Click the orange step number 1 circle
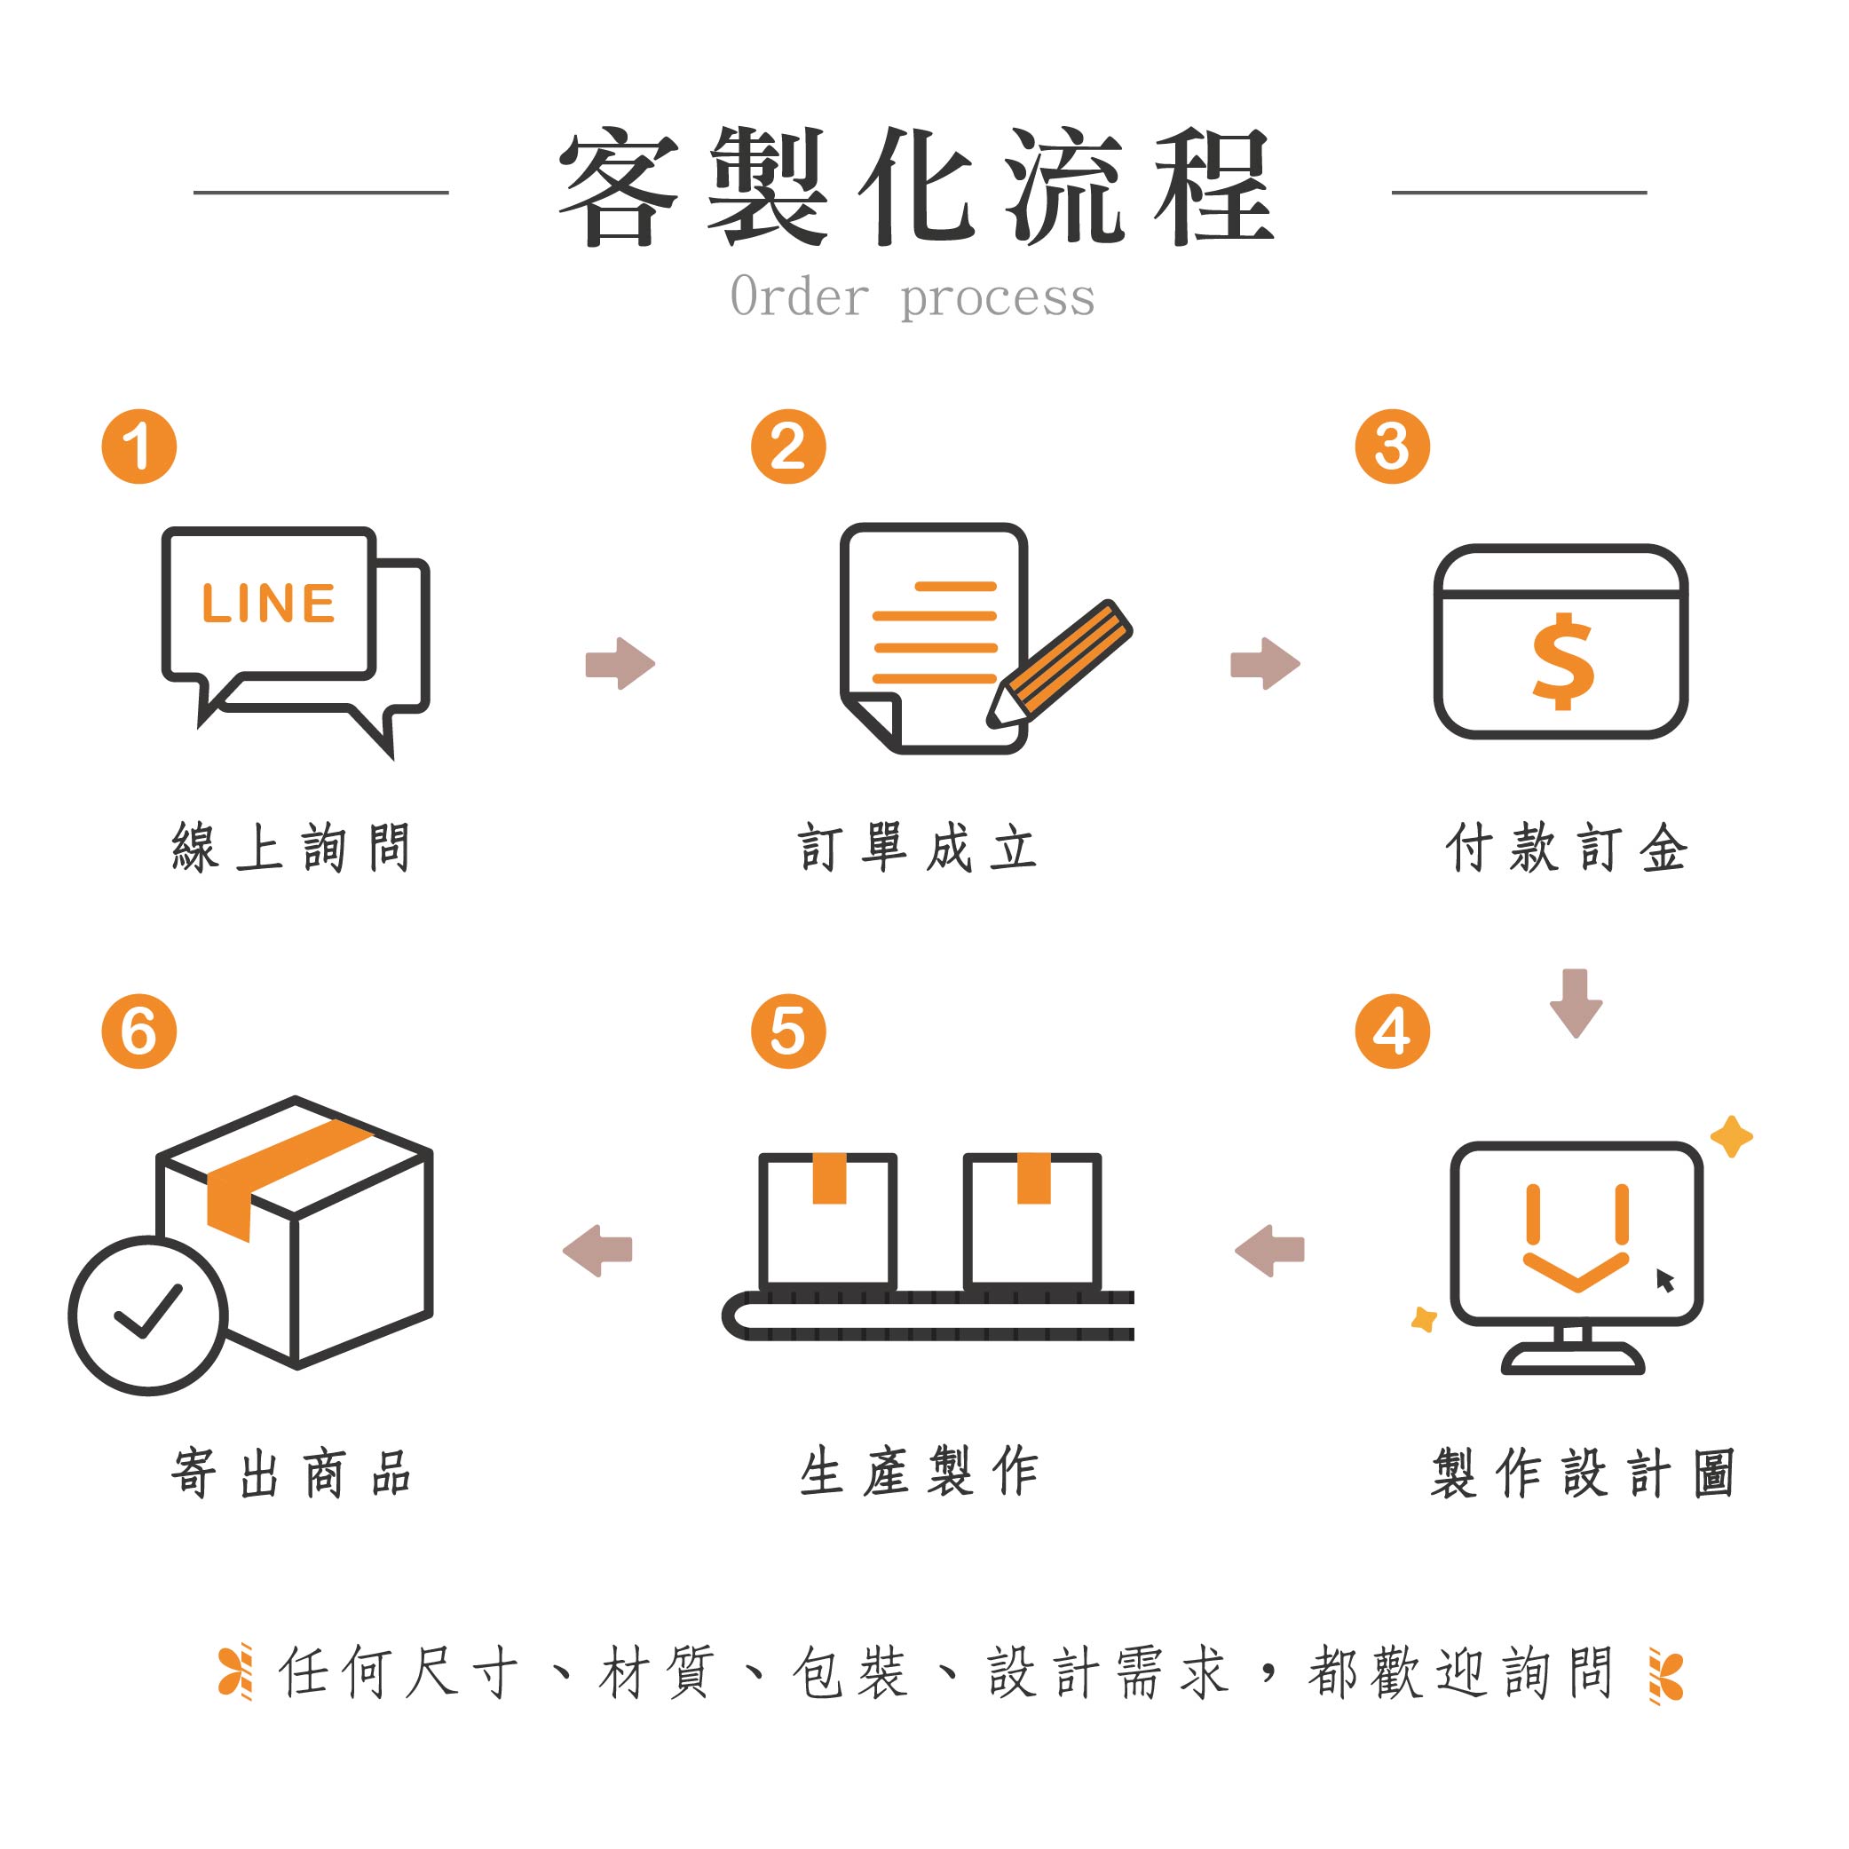coord(138,446)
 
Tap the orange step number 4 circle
coord(1393,1031)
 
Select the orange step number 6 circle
coord(138,1031)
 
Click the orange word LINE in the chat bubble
coord(268,604)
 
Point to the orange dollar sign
coord(1563,661)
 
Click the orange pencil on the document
coord(1061,663)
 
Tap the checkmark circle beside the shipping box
coord(148,1315)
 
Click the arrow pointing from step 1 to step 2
coord(620,663)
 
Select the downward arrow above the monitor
coord(1576,1003)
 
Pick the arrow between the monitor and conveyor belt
coord(1269,1250)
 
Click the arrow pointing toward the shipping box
coord(597,1250)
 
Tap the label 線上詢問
coord(292,847)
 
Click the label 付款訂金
coord(1567,847)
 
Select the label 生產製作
coord(919,1472)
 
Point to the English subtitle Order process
coord(912,296)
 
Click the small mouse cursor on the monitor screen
coord(1664,1279)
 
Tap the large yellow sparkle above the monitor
coord(1731,1137)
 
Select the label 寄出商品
coord(292,1472)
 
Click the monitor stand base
coord(1573,1361)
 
